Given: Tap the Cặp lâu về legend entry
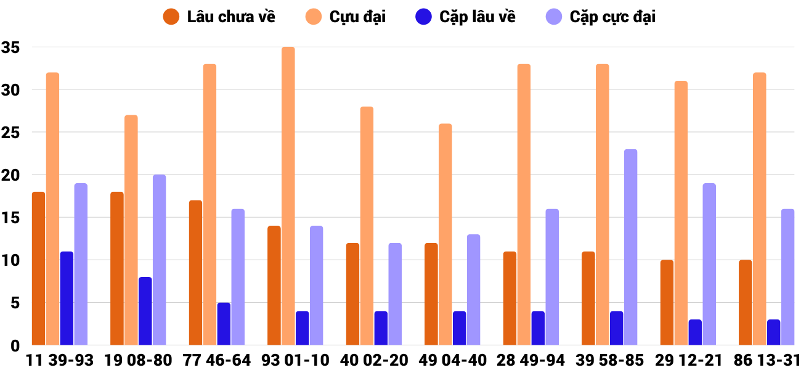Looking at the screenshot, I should click(465, 17).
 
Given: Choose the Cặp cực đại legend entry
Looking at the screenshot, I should click(601, 17).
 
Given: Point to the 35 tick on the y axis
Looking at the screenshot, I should click(10, 47).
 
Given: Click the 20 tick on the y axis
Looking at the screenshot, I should click(10, 175).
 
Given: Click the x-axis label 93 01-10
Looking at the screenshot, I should click(295, 360).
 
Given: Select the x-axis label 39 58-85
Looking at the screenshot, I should click(609, 360).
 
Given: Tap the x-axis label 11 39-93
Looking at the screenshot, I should click(60, 360).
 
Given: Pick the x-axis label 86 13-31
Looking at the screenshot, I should click(766, 360).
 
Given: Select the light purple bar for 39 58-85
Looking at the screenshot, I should click(631, 247).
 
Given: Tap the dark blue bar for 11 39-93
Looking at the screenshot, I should click(67, 298).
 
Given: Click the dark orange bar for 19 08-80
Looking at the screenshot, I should click(117, 268).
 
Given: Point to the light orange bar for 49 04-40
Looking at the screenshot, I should click(445, 234).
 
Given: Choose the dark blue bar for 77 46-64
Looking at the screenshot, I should click(224, 324).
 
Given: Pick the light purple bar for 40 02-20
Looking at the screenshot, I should click(395, 294).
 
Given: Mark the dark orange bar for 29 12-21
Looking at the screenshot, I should click(667, 303).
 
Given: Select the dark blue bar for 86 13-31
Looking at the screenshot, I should click(774, 332).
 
